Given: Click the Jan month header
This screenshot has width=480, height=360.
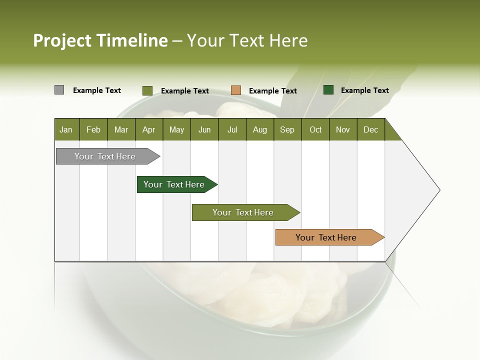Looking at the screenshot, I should point(66,129).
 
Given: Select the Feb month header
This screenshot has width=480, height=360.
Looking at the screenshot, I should point(93,129).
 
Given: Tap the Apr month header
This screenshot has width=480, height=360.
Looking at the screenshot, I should point(148,129).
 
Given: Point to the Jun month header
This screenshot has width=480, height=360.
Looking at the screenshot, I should point(204,129).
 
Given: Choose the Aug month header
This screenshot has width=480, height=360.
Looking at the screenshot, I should point(259,129).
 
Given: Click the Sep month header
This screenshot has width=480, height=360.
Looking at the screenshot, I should point(287,129).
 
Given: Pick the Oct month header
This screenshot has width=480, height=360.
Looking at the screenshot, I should point(315,129).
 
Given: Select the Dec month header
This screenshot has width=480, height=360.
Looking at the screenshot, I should point(370,129).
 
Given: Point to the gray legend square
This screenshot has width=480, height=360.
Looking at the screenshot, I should point(59,90).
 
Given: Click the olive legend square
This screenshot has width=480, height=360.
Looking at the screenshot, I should point(147,90).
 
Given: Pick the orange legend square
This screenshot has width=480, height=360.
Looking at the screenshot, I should point(236,90).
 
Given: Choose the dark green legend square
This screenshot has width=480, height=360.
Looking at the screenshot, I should point(328,90).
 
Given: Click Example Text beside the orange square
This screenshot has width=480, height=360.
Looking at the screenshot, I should point(272,91).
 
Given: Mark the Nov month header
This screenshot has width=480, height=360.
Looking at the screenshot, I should point(342,129).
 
